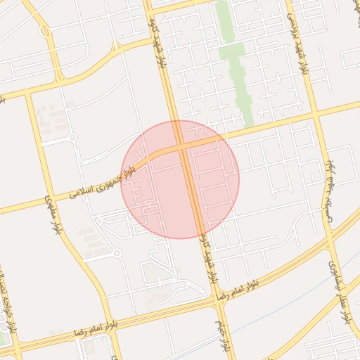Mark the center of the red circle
[x=180, y=179]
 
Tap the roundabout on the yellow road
[x=46, y=31]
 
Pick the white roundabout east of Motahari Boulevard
[x=117, y=252]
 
